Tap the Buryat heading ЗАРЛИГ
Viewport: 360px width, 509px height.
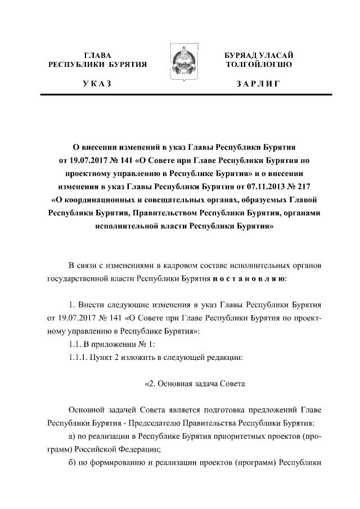click(x=258, y=84)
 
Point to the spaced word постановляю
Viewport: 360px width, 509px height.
click(x=250, y=279)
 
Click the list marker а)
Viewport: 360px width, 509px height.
click(x=72, y=435)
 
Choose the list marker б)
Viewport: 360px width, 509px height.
click(x=72, y=463)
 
